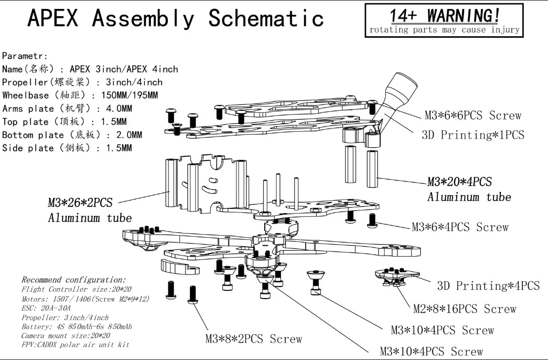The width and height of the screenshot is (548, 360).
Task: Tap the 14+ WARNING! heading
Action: coord(444,15)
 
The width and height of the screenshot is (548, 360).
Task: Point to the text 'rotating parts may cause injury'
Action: coord(444,30)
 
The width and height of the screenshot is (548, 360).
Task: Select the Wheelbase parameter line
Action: coord(80,96)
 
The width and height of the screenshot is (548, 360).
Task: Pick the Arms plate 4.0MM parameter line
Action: coord(67,109)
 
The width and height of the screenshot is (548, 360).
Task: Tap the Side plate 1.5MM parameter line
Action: coord(67,148)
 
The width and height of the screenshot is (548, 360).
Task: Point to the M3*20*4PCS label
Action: coord(459,182)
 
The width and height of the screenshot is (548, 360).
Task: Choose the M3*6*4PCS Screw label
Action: coord(460,227)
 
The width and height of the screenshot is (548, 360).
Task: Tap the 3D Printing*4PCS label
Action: coord(488,286)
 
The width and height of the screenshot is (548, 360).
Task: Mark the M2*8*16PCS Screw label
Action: coord(465,309)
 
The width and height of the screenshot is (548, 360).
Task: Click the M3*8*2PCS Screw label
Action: coord(254,339)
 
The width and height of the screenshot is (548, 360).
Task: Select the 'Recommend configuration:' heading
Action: coord(73,280)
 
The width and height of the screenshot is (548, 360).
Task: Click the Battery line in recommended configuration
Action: coord(77,326)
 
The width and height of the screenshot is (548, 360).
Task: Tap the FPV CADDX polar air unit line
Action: coord(75,345)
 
